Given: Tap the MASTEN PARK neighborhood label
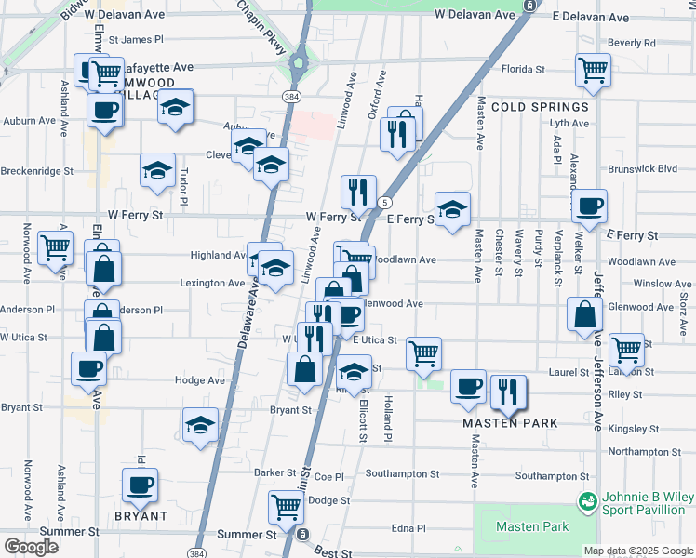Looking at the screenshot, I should (511, 423).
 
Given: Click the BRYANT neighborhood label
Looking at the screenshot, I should (140, 515).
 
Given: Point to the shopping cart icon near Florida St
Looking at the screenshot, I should (593, 70).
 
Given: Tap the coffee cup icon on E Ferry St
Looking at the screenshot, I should (588, 207).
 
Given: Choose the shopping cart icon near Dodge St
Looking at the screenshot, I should (286, 508).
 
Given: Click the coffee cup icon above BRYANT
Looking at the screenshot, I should (140, 485).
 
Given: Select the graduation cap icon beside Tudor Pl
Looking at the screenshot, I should (158, 170).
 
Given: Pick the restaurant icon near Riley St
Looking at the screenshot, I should (508, 392).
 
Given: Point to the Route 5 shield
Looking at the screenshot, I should (384, 202).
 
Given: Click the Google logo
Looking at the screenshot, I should (31, 547).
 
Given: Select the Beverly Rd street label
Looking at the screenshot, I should (633, 43).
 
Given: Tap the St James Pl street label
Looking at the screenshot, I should (136, 40).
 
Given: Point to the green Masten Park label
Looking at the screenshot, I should (532, 526).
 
